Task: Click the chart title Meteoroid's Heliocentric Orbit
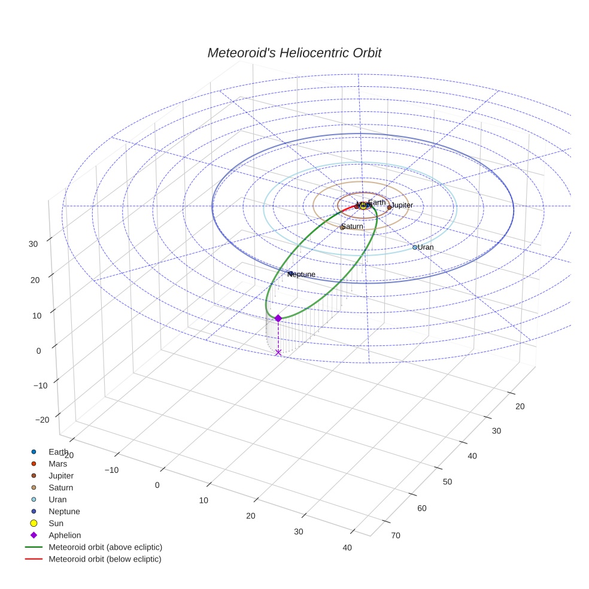point(294,53)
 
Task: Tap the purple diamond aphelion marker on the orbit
point(278,318)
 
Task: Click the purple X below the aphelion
point(278,353)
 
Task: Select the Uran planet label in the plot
point(426,247)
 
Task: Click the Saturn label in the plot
point(353,226)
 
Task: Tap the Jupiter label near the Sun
point(402,205)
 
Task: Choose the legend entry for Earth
point(58,452)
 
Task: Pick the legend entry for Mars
point(57,464)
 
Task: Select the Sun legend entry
point(56,523)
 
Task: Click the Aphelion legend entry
point(65,535)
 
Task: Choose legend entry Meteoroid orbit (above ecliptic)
point(105,547)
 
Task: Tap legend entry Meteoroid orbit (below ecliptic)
point(105,559)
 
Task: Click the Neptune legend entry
point(64,511)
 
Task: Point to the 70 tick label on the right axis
point(396,535)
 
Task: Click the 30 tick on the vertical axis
point(34,244)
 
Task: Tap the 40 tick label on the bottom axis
point(347,547)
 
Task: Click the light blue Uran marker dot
point(414,247)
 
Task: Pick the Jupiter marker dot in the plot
point(389,207)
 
